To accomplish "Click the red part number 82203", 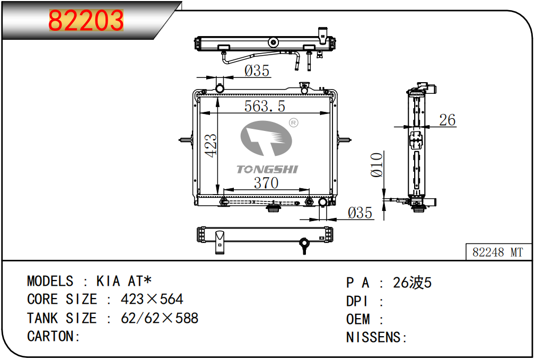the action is click(86, 21).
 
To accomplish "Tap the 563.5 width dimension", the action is click(265, 106).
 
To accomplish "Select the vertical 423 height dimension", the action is click(211, 146).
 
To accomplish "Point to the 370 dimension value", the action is click(266, 183).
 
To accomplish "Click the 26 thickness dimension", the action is click(448, 120).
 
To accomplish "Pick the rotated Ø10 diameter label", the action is click(376, 165).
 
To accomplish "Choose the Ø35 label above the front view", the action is click(257, 71).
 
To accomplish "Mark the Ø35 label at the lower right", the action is click(360, 213).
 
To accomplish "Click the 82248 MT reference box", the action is click(498, 252).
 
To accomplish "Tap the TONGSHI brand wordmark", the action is click(267, 169).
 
